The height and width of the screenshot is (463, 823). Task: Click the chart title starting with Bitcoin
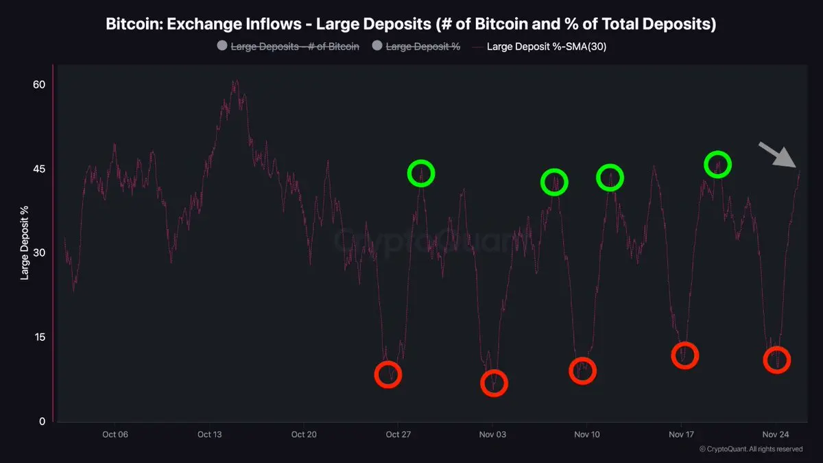pyautogui.click(x=411, y=24)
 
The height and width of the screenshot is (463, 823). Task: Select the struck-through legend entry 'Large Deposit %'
pyautogui.click(x=423, y=47)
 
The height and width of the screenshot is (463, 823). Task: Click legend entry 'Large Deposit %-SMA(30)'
pyautogui.click(x=546, y=47)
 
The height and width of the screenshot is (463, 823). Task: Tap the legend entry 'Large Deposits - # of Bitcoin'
pyautogui.click(x=295, y=47)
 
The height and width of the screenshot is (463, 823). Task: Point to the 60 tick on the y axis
pyautogui.click(x=39, y=84)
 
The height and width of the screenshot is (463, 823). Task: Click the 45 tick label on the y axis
pyautogui.click(x=39, y=169)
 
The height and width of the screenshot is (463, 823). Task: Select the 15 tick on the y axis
pyautogui.click(x=39, y=337)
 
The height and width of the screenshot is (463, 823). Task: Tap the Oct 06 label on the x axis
pyautogui.click(x=115, y=434)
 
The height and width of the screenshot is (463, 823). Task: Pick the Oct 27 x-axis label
pyautogui.click(x=398, y=434)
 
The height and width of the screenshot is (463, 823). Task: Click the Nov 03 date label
pyautogui.click(x=492, y=434)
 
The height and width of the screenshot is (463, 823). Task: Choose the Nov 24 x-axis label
pyautogui.click(x=776, y=434)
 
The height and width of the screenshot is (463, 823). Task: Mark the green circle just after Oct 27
pyautogui.click(x=421, y=173)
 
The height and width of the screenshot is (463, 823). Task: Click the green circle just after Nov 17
pyautogui.click(x=718, y=164)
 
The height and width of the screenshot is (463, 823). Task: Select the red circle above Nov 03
pyautogui.click(x=494, y=383)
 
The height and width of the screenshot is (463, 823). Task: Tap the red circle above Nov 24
pyautogui.click(x=777, y=360)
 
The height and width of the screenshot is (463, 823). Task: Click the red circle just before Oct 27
pyautogui.click(x=388, y=375)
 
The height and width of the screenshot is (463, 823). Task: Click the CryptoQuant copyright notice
pyautogui.click(x=751, y=449)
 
